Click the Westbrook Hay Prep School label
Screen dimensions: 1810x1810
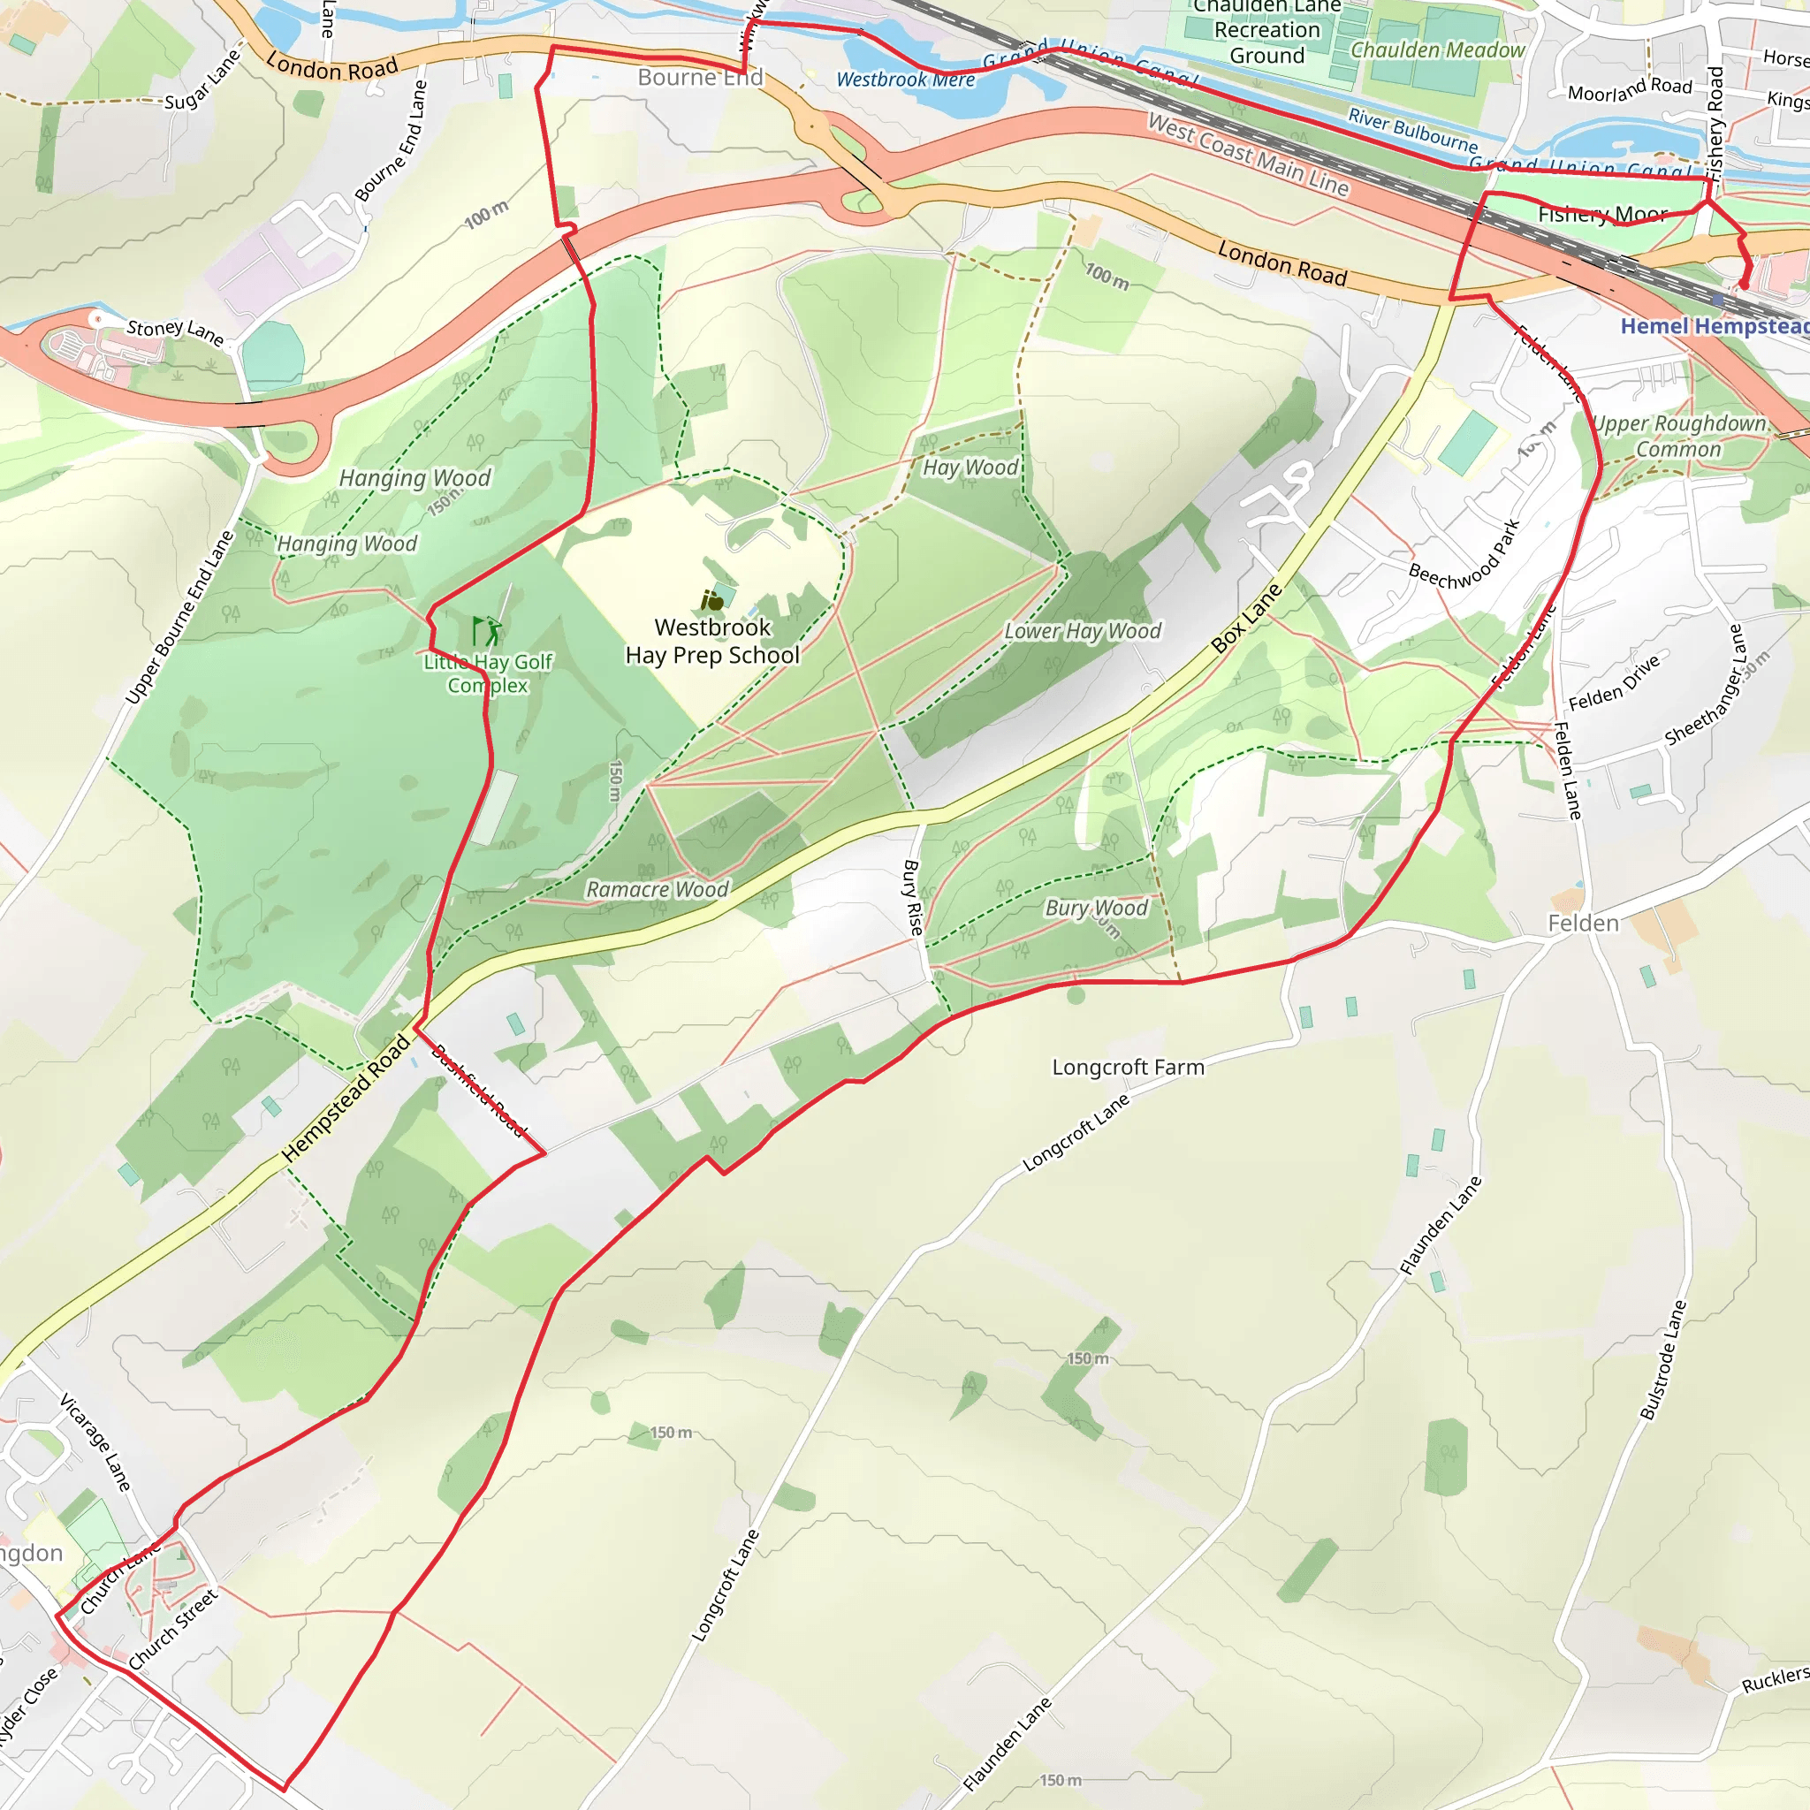pyautogui.click(x=712, y=642)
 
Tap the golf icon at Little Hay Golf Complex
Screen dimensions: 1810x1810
pyautogui.click(x=486, y=630)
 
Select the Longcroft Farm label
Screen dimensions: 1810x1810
pyautogui.click(x=1127, y=1067)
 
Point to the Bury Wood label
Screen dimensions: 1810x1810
pyautogui.click(x=1095, y=908)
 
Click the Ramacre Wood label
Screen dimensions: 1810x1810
pyautogui.click(x=657, y=889)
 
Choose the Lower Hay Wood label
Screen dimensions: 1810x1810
pyautogui.click(x=1082, y=631)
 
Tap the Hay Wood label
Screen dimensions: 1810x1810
pyautogui.click(x=970, y=468)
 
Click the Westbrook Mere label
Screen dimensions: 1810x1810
pyautogui.click(x=905, y=80)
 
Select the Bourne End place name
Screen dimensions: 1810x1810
pyautogui.click(x=700, y=78)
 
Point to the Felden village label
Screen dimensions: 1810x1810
pyautogui.click(x=1582, y=924)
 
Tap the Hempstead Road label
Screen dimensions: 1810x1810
pyautogui.click(x=346, y=1097)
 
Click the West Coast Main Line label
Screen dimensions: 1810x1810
pyautogui.click(x=1248, y=155)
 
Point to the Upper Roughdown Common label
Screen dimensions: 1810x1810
pyautogui.click(x=1679, y=437)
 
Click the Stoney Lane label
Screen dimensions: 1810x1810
pyautogui.click(x=175, y=331)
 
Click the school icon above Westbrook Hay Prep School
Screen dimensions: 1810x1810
pyautogui.click(x=712, y=600)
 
